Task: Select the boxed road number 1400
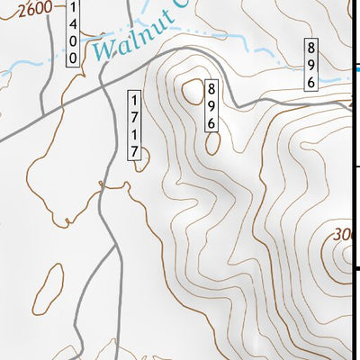click(x=72, y=32)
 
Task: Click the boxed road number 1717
click(x=135, y=126)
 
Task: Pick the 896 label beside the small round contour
click(x=212, y=104)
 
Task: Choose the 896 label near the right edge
click(x=310, y=65)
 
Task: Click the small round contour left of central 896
click(x=192, y=89)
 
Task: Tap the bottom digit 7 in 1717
click(x=135, y=153)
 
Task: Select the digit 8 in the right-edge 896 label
click(x=310, y=49)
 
